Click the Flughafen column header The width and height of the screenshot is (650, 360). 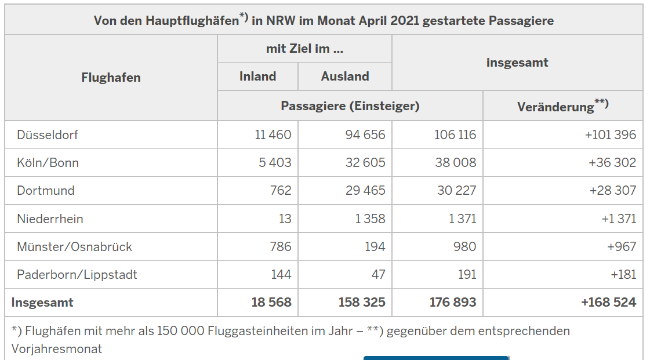tap(111, 77)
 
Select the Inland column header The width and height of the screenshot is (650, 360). tap(257, 76)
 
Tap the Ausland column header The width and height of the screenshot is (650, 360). tap(345, 76)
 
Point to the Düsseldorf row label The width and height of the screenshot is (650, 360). tap(48, 134)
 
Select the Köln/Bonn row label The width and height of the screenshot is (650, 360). tap(48, 162)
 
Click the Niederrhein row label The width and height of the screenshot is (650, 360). tap(50, 219)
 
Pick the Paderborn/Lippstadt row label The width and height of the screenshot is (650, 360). tap(77, 274)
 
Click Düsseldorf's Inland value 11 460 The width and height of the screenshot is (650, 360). tap(273, 134)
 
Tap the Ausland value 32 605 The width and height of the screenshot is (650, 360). tap(365, 162)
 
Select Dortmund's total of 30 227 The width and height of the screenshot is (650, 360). tap(456, 190)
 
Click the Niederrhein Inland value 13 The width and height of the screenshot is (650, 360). tap(285, 219)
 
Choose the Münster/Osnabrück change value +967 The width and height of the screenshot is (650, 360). tap(622, 246)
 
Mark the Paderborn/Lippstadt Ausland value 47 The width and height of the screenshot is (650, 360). tap(378, 274)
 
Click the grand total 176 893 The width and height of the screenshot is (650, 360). tap(453, 302)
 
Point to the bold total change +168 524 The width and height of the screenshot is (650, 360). tap(608, 302)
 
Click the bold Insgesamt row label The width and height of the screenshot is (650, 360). tap(42, 302)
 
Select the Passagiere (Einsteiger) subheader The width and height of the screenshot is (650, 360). tap(350, 106)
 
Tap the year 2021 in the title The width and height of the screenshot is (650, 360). tap(405, 21)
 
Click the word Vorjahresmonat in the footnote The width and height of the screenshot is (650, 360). tap(57, 348)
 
